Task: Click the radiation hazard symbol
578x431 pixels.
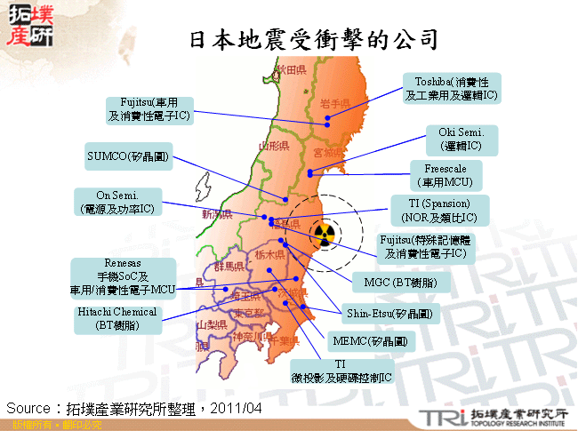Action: tap(323, 235)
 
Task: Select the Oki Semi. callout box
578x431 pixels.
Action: tap(462, 138)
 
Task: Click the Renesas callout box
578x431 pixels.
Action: tap(123, 276)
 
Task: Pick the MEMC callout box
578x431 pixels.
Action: tap(369, 340)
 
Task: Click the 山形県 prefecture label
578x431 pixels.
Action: tap(271, 144)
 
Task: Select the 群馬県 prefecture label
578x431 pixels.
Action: tap(229, 266)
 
